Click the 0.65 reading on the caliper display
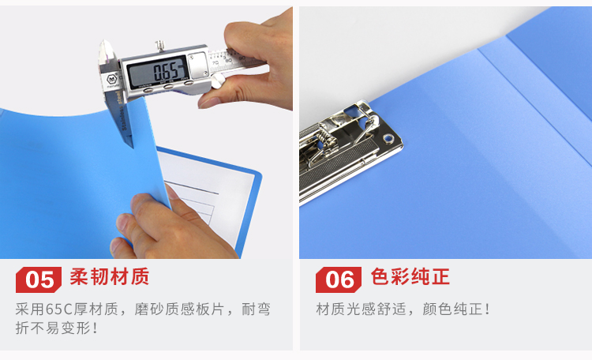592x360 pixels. [x=166, y=71]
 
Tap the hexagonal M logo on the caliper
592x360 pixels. [x=111, y=80]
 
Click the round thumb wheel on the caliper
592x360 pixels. [x=218, y=81]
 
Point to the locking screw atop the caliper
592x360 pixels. [x=160, y=46]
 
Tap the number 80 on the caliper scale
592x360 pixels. [x=228, y=61]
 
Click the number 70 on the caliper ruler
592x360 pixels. [x=215, y=62]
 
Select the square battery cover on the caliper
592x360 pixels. [x=198, y=65]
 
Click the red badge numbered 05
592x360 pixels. [x=39, y=279]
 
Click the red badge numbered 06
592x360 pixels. [x=339, y=279]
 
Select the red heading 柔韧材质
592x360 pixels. [x=110, y=276]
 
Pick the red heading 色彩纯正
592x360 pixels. [x=410, y=276]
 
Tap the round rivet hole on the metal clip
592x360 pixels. [x=388, y=138]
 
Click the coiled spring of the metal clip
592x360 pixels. [x=326, y=139]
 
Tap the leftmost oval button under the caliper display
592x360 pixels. [x=148, y=90]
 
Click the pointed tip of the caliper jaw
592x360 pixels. [x=132, y=147]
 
